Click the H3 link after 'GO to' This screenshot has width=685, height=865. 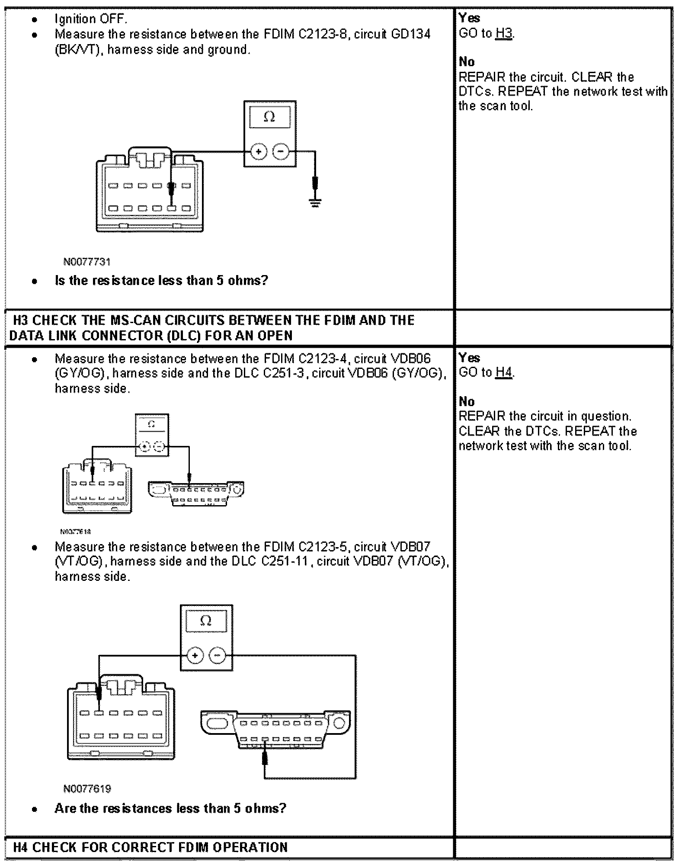pos(504,33)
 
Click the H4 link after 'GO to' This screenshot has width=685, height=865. pos(504,372)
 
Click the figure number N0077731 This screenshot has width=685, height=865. pos(87,262)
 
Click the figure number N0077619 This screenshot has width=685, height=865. pos(87,788)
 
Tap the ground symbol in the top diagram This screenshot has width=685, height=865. pos(316,202)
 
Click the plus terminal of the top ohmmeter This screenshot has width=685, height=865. pos(259,151)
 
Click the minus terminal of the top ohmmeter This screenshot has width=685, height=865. pos(281,151)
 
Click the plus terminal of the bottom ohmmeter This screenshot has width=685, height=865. pos(195,656)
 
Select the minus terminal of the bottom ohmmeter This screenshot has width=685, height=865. pos(218,656)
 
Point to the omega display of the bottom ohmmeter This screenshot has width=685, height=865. pos(206,621)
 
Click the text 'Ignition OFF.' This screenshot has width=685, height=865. pos(91,19)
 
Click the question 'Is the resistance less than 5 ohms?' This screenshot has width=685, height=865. pos(161,281)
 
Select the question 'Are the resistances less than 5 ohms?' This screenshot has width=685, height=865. pos(170,808)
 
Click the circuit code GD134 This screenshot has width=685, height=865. pos(410,34)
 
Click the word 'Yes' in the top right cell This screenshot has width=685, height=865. pos(469,18)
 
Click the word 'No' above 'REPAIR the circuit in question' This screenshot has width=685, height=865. pos(467,401)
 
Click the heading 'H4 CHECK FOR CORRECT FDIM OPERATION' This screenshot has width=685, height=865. pos(150,847)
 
